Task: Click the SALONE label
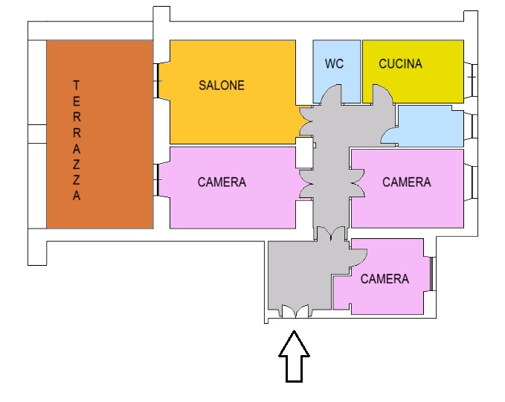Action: (222, 86)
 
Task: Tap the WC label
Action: (334, 63)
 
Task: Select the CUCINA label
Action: (400, 63)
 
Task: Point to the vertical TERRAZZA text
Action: (77, 140)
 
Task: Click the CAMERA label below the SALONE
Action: (222, 182)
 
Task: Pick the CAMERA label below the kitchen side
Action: (406, 182)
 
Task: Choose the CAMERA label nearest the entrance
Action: (385, 279)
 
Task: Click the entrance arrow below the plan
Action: (294, 357)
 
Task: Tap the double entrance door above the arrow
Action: (295, 311)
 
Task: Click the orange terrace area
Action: (100, 135)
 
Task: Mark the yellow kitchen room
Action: (414, 71)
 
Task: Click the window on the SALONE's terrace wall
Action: (156, 80)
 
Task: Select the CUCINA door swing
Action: (382, 94)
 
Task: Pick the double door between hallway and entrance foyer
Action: (331, 234)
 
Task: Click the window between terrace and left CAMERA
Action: (156, 180)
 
